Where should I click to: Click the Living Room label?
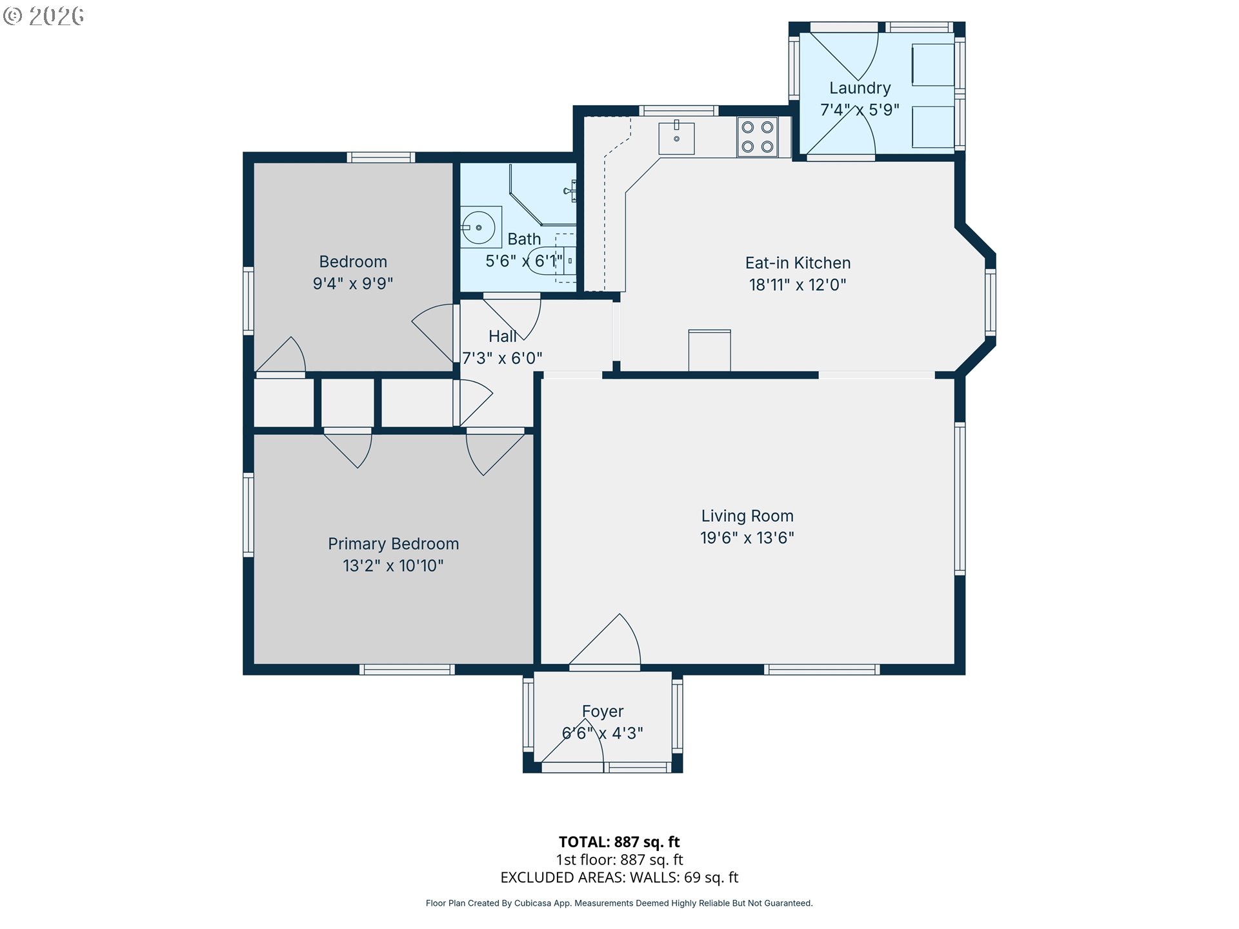(x=747, y=516)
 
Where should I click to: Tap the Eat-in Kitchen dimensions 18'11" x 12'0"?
(x=798, y=285)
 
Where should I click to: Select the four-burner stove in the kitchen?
(x=758, y=137)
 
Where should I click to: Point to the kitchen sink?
(x=676, y=137)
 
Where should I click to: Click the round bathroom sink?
(x=478, y=228)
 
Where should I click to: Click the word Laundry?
(x=860, y=88)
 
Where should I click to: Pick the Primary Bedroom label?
(x=394, y=544)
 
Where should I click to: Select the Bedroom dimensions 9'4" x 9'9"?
(x=353, y=283)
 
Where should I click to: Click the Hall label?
(x=503, y=336)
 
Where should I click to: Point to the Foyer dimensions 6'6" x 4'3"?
(x=603, y=734)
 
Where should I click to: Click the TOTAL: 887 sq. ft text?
(x=619, y=842)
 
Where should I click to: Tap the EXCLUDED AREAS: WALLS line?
(x=619, y=877)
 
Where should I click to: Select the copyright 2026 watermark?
(x=43, y=16)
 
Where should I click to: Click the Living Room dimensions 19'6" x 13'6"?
(x=747, y=538)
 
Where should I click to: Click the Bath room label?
(x=524, y=239)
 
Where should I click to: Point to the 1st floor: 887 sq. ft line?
(x=619, y=860)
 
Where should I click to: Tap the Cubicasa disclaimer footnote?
(x=619, y=903)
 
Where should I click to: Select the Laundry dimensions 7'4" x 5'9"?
(x=860, y=110)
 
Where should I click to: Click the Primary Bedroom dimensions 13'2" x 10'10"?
(x=394, y=566)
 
